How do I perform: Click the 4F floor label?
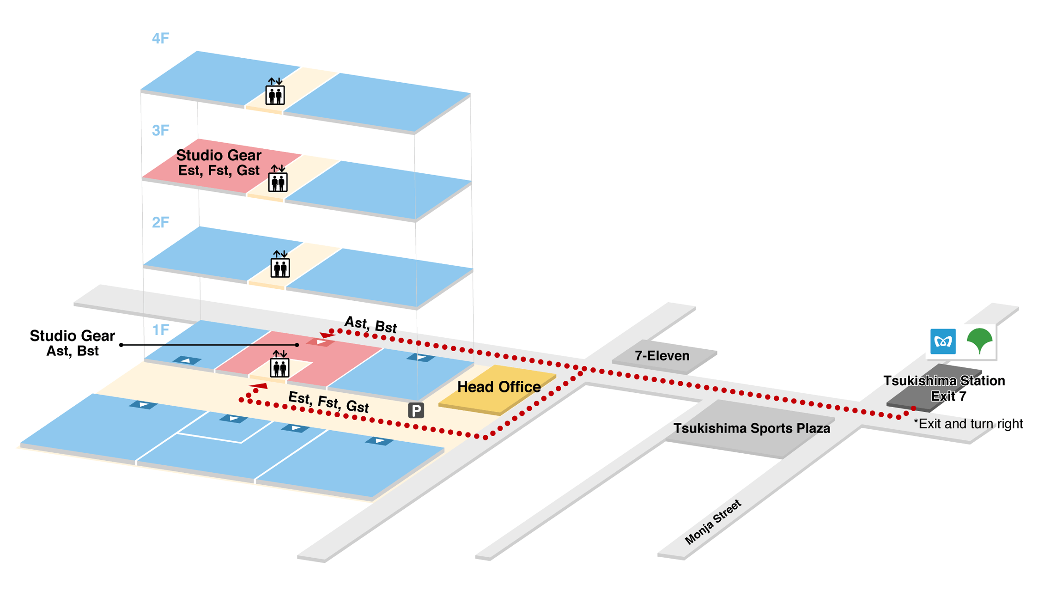(x=160, y=38)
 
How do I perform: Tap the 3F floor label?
(x=160, y=131)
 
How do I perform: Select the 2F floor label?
(x=160, y=223)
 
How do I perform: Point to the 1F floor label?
(x=160, y=330)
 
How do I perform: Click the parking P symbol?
(x=416, y=410)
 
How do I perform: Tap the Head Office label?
(x=499, y=387)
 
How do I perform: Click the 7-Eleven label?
(x=662, y=356)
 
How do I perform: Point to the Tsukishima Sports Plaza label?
(x=752, y=428)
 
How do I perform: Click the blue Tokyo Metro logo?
(x=943, y=341)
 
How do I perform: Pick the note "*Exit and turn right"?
(x=968, y=424)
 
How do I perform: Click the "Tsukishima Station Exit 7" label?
(x=944, y=388)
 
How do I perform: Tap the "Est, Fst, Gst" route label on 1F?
(x=328, y=402)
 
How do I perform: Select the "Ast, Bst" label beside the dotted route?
(x=371, y=324)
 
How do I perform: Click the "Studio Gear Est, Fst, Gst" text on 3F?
(x=219, y=163)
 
